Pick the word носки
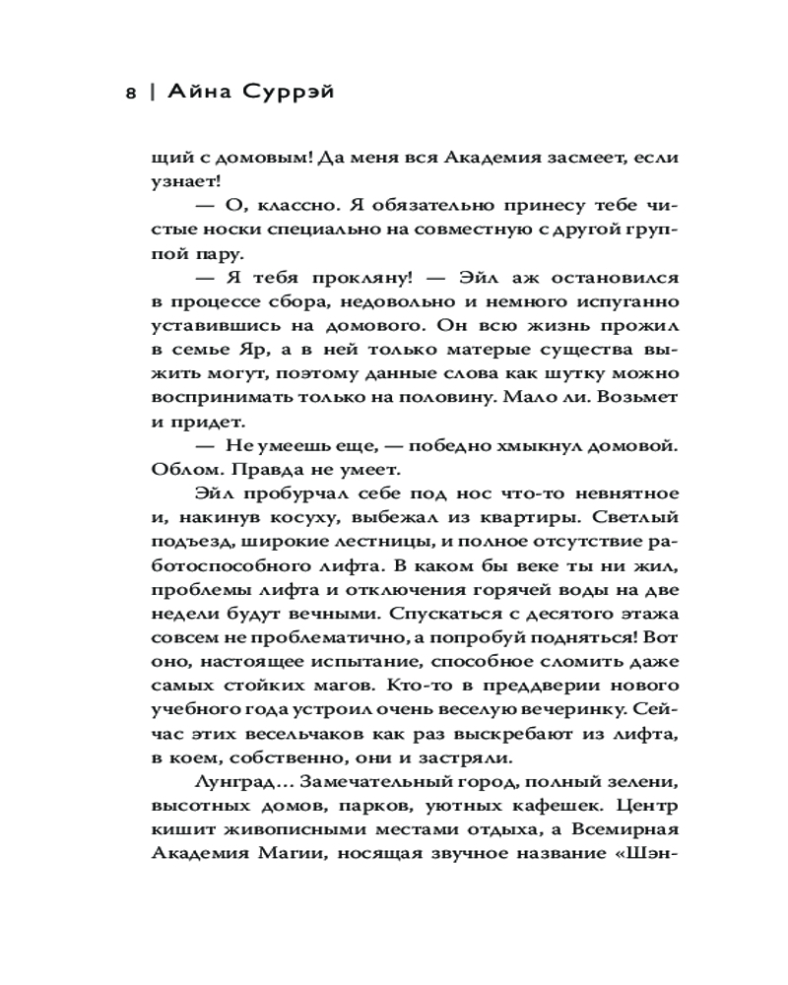coord(241,231)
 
